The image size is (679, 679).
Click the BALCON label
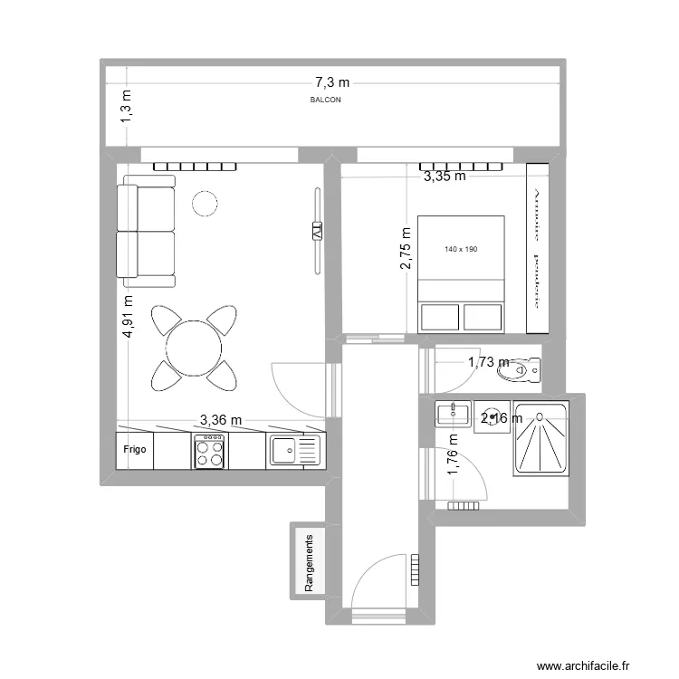point(325,100)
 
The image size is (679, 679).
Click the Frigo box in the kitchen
point(135,448)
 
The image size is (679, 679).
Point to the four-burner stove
point(210,450)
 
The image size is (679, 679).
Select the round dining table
point(193,345)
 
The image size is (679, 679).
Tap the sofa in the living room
point(146,231)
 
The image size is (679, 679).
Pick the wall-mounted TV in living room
point(317,230)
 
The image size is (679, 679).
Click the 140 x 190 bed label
point(461,249)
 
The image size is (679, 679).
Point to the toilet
point(526,369)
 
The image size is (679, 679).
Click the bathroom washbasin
point(452,415)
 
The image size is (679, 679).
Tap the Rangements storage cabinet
point(309,561)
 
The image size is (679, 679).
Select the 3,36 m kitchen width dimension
point(221,419)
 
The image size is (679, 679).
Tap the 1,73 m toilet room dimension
point(488,362)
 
